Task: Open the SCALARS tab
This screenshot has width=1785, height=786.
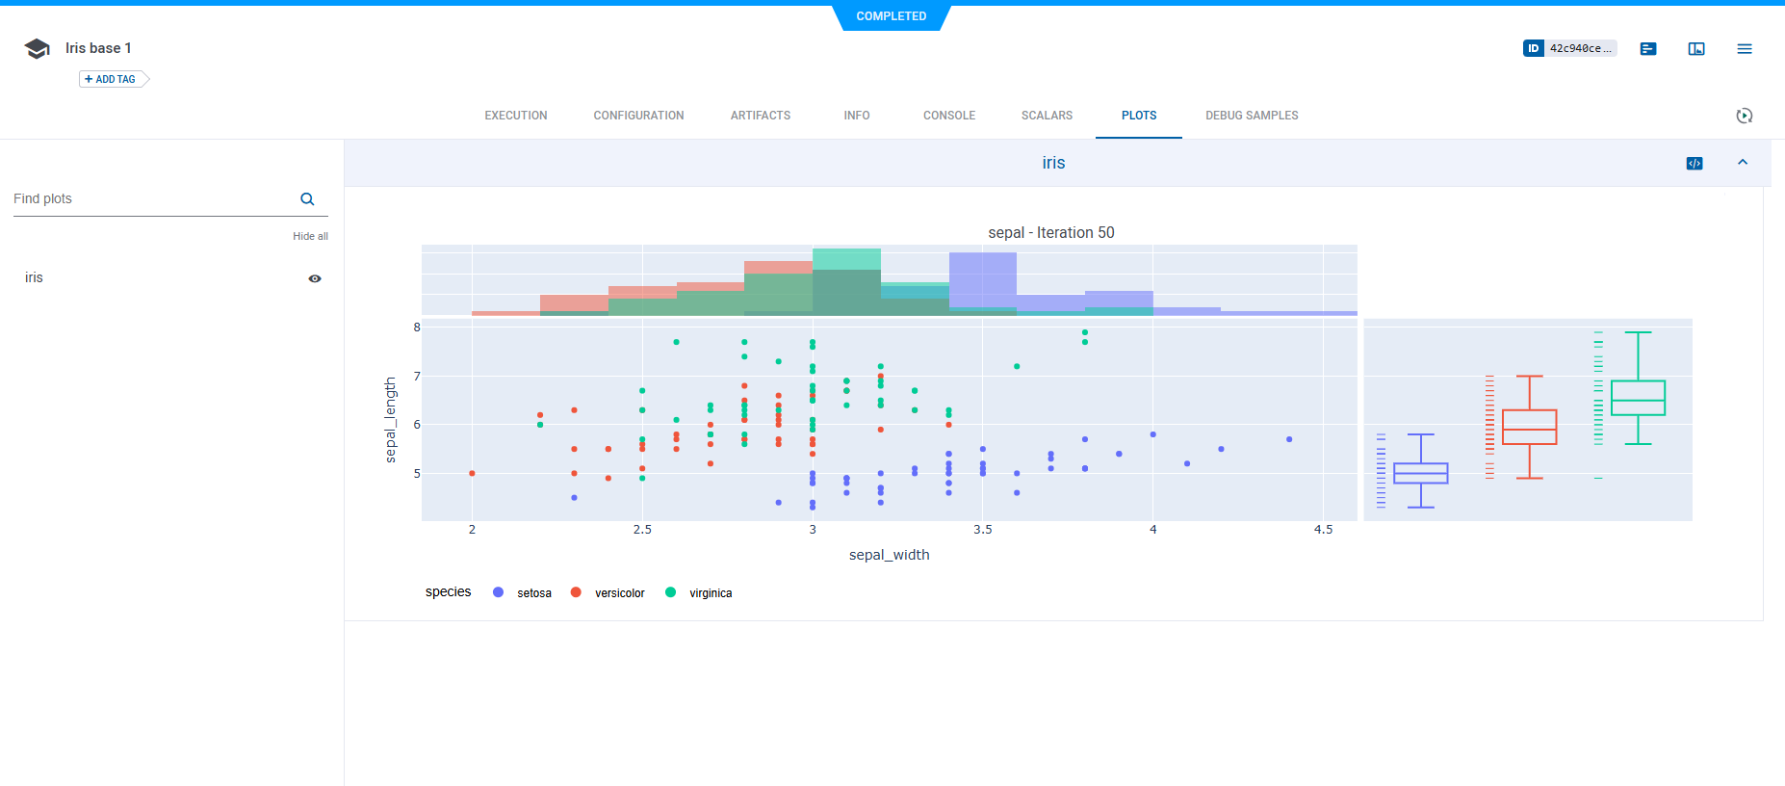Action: (1047, 116)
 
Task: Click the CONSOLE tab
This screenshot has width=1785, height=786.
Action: (948, 116)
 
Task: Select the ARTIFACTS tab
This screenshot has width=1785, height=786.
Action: (760, 116)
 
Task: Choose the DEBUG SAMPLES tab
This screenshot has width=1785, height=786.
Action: (1251, 116)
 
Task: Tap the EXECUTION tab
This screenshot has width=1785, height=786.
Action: (515, 116)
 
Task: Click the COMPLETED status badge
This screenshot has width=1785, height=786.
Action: (891, 16)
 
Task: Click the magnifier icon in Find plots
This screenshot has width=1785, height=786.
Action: (307, 199)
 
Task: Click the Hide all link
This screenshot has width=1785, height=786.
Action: (310, 236)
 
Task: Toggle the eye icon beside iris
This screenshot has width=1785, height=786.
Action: (315, 278)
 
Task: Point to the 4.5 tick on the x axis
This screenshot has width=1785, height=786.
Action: (1323, 530)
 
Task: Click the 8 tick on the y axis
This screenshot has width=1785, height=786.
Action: (417, 327)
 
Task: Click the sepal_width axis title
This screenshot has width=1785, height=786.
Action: (889, 555)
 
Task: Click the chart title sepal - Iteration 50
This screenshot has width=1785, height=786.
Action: (1050, 233)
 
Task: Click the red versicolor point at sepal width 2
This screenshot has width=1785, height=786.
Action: (472, 473)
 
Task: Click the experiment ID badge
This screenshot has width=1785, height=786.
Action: (1568, 48)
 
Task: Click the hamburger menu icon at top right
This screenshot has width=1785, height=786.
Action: (1744, 48)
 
